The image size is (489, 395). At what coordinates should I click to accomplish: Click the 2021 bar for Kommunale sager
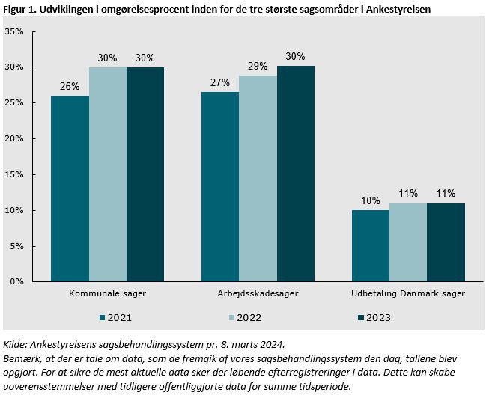(x=70, y=189)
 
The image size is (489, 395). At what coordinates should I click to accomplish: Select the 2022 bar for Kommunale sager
(x=108, y=174)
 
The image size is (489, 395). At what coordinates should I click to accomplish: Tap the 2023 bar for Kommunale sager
(x=145, y=174)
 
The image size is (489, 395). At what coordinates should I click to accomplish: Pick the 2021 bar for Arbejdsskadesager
(x=220, y=187)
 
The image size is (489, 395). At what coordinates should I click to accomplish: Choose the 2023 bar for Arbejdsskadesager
(x=295, y=174)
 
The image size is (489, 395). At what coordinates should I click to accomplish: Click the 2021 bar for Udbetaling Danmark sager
(x=371, y=245)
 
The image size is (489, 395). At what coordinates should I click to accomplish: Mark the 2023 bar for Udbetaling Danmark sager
(x=446, y=242)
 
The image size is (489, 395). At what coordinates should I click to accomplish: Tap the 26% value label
(x=70, y=86)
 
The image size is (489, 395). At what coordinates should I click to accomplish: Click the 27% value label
(x=220, y=82)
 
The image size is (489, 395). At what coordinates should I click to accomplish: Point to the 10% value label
(x=371, y=200)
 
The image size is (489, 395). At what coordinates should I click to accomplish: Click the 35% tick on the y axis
(x=14, y=31)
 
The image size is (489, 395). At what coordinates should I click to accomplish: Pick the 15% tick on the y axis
(x=14, y=174)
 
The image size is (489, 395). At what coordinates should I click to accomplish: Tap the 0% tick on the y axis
(x=17, y=281)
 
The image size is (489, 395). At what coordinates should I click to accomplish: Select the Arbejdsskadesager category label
(x=258, y=294)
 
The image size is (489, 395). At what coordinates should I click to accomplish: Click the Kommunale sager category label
(x=107, y=294)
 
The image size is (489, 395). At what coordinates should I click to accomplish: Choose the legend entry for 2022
(x=246, y=317)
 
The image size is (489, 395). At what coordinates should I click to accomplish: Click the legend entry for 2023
(x=374, y=317)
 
